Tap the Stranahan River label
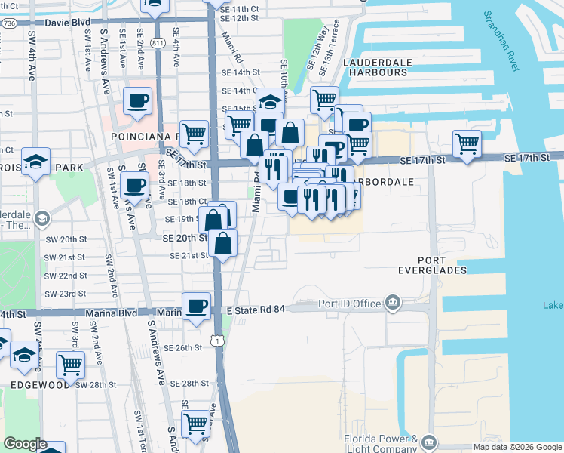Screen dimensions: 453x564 tap(504, 41)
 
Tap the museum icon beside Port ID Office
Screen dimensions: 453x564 tap(392, 304)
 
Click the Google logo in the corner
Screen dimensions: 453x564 tap(24, 445)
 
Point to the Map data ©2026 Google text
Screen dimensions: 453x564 tap(516, 447)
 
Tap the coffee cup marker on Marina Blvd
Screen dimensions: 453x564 tap(197, 306)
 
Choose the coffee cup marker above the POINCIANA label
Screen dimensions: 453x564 tap(138, 100)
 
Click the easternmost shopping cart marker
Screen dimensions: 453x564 tap(467, 142)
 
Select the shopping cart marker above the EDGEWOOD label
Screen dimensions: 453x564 tap(70, 365)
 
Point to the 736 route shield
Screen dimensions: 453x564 tap(8, 24)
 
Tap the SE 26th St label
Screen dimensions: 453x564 tap(186, 347)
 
